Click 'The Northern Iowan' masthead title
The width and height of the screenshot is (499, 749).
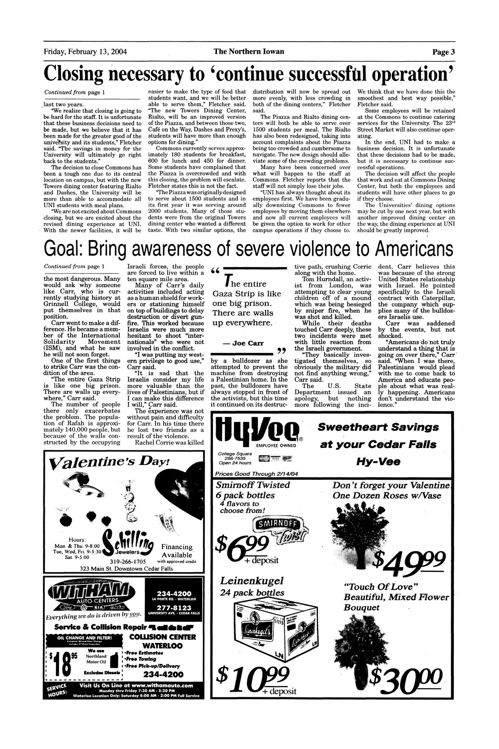click(249, 52)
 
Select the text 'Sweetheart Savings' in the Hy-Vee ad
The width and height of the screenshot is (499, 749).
click(378, 427)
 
